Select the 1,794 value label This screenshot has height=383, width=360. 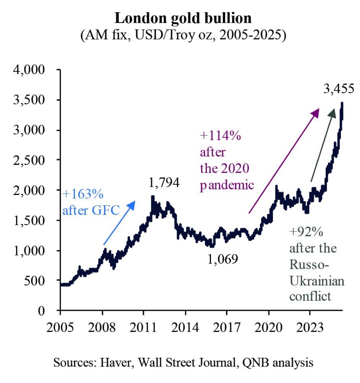[x=164, y=183]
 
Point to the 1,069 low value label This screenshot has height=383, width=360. [x=223, y=258]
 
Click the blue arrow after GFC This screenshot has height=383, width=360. [x=119, y=223]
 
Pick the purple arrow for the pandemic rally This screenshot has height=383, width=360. [x=284, y=160]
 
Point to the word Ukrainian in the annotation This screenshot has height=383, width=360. [x=317, y=281]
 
